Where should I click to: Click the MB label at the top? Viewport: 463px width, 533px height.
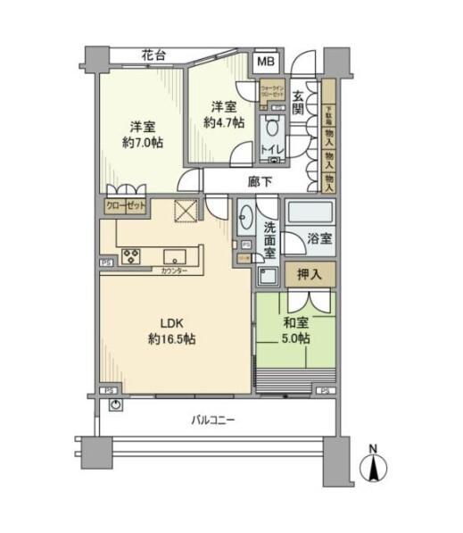click(267, 62)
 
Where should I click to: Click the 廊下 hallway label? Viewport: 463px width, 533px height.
click(260, 182)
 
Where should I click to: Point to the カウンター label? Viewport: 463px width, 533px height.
click(175, 271)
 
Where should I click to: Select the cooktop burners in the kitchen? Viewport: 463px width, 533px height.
click(130, 256)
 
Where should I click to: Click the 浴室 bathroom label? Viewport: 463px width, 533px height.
click(319, 239)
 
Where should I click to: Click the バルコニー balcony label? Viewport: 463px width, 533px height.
click(212, 419)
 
